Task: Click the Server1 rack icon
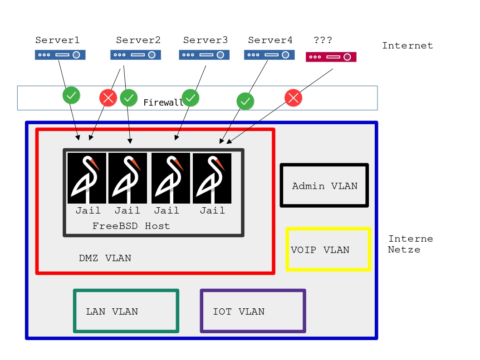(60, 55)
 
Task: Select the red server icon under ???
(331, 57)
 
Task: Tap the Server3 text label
(206, 40)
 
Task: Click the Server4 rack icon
(269, 55)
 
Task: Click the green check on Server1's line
(71, 95)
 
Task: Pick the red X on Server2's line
(108, 98)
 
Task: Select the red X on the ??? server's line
(293, 97)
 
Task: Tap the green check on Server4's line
(245, 101)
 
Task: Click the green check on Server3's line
(191, 97)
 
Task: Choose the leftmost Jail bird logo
(87, 178)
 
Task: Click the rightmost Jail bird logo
(212, 178)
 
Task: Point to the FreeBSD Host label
(131, 226)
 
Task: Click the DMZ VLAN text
(105, 258)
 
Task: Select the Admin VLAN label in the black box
(324, 186)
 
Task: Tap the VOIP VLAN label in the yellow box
(320, 250)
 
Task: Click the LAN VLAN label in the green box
(112, 311)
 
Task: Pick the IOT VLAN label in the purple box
(239, 311)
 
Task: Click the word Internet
(407, 46)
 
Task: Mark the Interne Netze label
(410, 244)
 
